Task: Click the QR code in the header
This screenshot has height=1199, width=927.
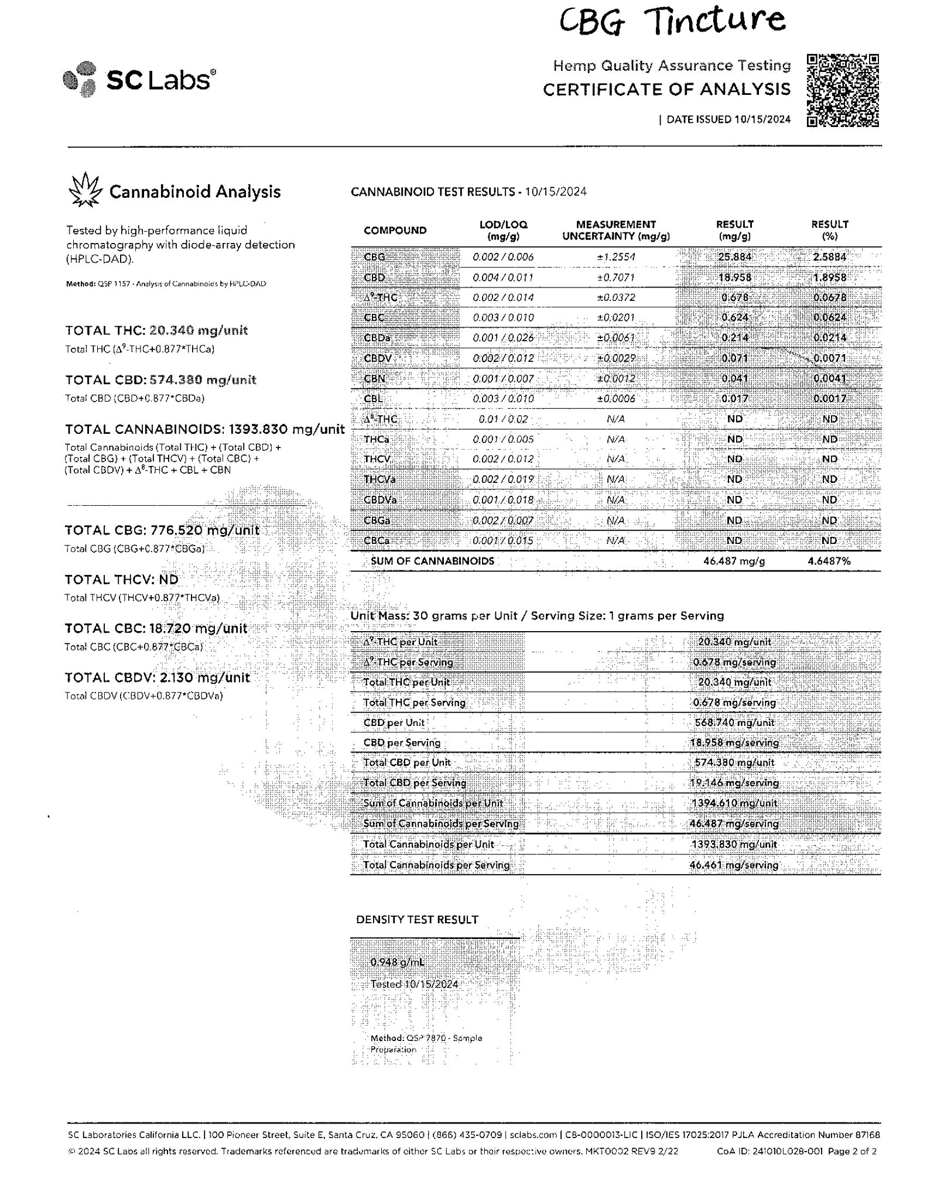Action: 843,90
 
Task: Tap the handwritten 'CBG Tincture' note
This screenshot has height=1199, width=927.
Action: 672,21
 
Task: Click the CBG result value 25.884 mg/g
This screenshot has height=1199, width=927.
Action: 734,256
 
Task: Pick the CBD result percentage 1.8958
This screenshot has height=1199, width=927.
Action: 829,277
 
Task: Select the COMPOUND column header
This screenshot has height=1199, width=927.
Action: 395,230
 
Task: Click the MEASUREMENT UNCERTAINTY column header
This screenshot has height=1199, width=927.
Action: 615,230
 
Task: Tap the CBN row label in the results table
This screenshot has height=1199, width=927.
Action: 374,378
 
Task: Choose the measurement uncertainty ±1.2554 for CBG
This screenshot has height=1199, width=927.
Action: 615,256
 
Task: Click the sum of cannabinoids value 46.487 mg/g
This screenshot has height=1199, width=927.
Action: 734,561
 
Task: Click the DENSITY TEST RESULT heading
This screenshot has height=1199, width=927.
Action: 417,920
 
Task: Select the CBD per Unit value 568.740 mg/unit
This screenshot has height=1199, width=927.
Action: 734,722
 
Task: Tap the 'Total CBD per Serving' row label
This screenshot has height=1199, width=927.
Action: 414,783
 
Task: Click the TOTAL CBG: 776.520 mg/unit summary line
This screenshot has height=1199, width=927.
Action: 162,530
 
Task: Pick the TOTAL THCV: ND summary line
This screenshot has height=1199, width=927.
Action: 121,580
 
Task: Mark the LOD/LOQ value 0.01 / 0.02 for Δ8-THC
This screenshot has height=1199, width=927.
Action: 503,419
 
